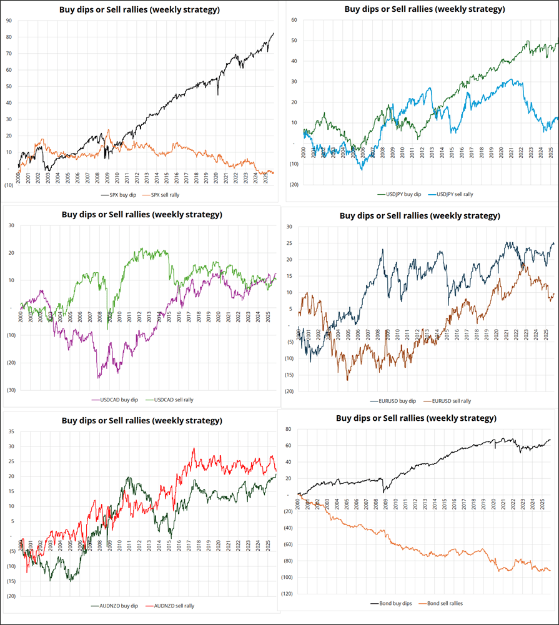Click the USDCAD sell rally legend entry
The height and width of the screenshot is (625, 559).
pos(169,399)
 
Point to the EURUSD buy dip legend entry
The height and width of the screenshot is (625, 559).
pos(396,401)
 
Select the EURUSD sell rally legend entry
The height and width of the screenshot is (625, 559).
pos(450,401)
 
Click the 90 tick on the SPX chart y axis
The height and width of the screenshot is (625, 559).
pos(8,21)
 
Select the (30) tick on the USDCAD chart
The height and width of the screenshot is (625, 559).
pos(10,390)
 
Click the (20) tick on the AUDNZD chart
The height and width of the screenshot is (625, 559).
pos(10,596)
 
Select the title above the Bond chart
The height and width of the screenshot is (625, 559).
pos(416,418)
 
